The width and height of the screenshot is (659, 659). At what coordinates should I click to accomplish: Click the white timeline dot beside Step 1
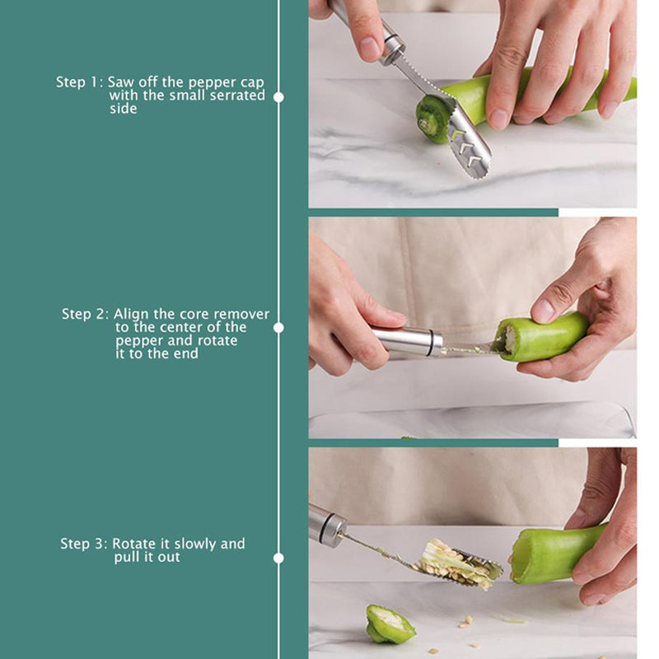[x=278, y=97]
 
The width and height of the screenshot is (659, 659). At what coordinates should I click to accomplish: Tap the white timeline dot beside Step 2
[x=278, y=328]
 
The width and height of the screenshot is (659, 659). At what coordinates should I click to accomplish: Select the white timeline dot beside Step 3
[x=278, y=559]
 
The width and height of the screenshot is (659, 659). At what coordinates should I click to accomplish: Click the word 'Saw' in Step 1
[x=120, y=82]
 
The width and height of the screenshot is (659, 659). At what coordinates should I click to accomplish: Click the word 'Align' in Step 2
[x=131, y=315]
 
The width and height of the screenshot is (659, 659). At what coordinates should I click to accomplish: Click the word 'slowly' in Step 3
[x=195, y=544]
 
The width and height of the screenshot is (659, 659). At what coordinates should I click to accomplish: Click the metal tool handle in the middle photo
[x=407, y=343]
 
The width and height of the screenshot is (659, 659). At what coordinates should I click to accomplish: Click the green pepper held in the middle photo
[x=540, y=337]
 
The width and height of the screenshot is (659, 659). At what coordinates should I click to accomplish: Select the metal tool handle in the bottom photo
[x=327, y=526]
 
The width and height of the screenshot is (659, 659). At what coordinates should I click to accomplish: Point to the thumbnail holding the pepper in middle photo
[x=544, y=311]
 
